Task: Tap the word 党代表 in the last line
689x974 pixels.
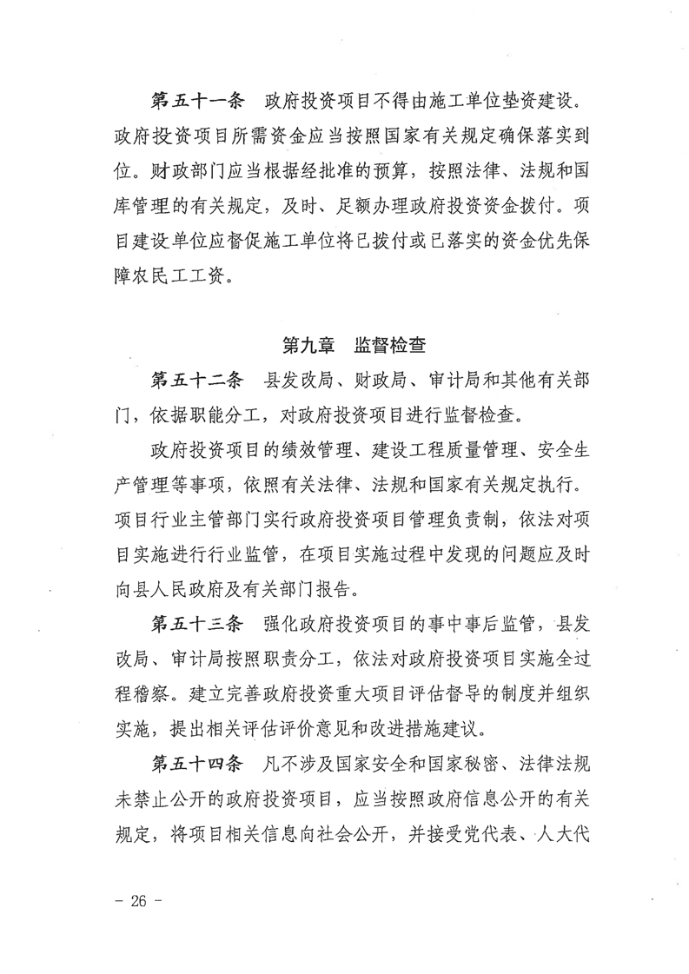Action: pyautogui.click(x=498, y=834)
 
